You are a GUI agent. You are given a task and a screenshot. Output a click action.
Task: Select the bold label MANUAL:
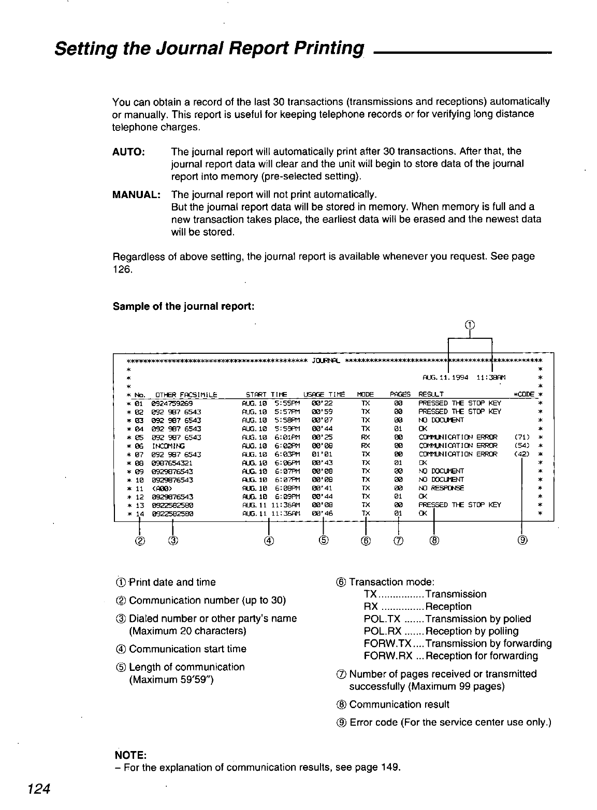(136, 194)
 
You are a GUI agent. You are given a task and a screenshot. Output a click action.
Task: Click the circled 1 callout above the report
(469, 325)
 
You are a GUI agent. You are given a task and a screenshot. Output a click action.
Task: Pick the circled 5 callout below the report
(323, 541)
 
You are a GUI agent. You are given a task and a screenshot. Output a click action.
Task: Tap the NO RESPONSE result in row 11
(441, 488)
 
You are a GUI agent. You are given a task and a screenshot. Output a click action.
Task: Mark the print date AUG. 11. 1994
(445, 377)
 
